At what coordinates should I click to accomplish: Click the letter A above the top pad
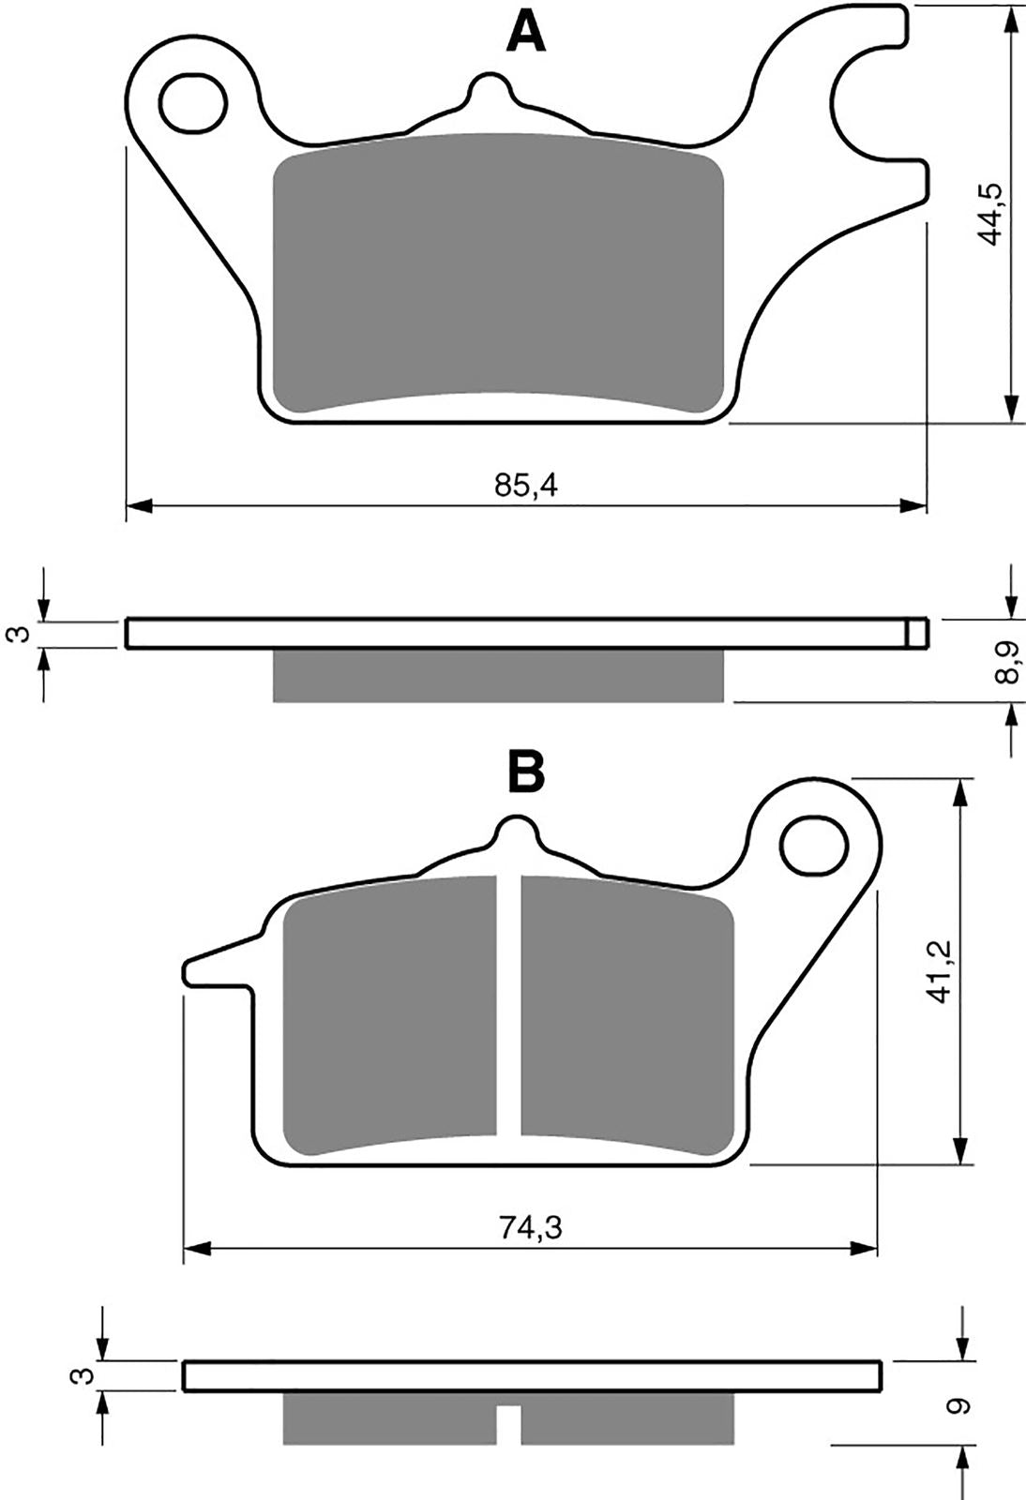[x=526, y=34]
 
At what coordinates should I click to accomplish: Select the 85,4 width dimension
[x=526, y=485]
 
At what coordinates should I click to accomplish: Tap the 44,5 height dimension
[x=989, y=215]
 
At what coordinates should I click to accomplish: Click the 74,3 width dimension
[x=531, y=1227]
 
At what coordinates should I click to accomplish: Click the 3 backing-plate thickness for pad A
[x=20, y=633]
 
